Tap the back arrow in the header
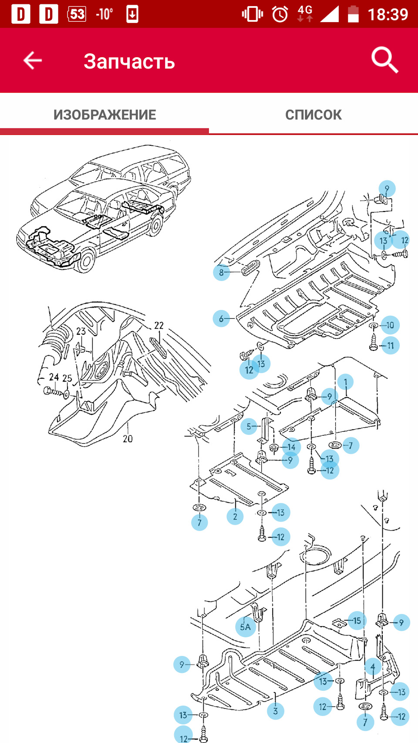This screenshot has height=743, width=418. point(33,61)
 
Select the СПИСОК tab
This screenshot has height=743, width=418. point(313,115)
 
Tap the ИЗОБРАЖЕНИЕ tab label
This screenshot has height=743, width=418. point(105,115)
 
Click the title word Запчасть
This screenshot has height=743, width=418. point(129,61)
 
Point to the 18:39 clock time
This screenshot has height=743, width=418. point(388,14)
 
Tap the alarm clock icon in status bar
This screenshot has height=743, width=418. point(280,14)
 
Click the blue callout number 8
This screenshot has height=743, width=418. point(222,272)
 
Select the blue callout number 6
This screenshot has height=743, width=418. point(221,319)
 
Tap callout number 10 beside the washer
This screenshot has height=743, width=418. point(390,325)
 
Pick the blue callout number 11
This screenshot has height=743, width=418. point(391,346)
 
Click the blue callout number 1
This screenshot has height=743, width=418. point(346,382)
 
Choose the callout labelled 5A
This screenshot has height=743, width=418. point(246,627)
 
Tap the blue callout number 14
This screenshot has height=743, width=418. point(292,447)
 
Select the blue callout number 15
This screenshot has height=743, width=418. point(357,621)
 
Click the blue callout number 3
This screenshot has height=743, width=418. point(275,711)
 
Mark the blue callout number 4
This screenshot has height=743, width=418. point(373,667)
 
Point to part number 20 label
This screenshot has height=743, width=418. point(128,439)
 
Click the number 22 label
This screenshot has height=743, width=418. point(159,326)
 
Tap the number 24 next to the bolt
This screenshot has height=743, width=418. point(54,377)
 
